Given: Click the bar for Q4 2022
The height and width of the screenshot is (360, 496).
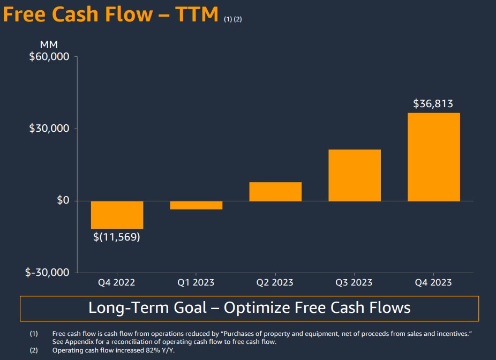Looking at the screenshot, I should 117,215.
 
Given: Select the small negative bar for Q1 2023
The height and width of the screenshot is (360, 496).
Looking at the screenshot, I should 196,205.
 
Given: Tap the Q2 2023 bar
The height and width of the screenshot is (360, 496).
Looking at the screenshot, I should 275,192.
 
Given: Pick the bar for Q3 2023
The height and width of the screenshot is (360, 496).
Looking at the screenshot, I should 355,175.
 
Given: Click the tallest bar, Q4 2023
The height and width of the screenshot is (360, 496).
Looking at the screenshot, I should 433,157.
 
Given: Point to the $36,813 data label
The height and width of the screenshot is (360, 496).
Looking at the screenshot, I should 433,104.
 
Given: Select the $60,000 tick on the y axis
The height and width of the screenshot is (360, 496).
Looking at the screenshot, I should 49,57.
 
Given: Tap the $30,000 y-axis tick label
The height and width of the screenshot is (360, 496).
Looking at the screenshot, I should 49,129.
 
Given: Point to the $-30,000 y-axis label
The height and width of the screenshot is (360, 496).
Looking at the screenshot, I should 47,272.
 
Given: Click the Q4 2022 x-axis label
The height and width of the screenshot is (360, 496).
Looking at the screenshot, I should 116,282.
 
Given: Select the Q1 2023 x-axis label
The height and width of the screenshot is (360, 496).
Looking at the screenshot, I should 196,282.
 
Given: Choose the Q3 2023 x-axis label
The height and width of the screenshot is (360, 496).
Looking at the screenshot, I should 354,282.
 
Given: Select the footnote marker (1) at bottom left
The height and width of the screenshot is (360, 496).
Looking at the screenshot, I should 34,334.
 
